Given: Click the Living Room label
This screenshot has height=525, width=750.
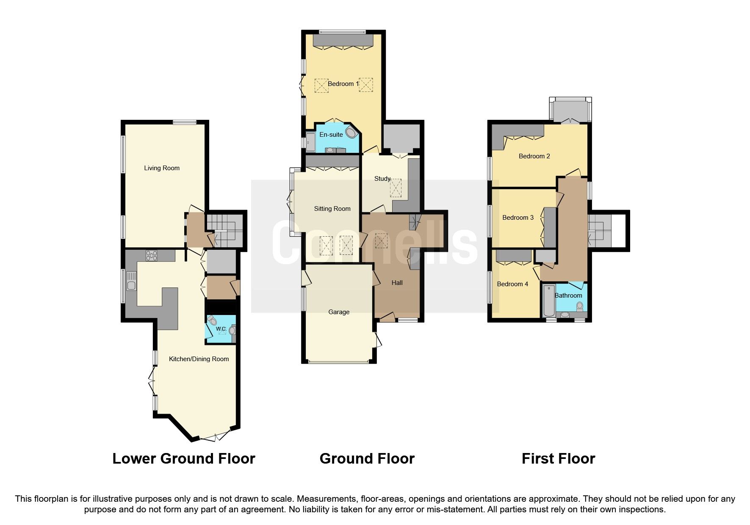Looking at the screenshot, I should (161, 168).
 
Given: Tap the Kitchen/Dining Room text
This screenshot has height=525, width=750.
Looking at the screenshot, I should (199, 359).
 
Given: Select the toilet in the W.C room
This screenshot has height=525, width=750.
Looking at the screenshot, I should (212, 321).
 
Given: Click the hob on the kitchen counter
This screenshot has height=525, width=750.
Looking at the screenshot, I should (152, 256).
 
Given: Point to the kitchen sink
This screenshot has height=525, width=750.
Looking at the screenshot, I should (131, 281).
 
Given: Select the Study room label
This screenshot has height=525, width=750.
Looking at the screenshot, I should (382, 179).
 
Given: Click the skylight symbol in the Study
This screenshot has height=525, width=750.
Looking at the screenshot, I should (396, 188).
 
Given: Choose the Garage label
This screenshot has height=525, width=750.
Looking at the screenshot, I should (339, 312).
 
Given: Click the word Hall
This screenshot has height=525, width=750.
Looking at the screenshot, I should (397, 283).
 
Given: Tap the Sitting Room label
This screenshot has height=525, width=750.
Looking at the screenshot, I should (332, 209).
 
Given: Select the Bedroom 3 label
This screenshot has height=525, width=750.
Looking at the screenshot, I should (518, 218).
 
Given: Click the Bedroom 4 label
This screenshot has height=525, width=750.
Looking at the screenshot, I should (512, 284).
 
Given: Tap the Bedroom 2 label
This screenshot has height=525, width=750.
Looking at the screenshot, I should (534, 156).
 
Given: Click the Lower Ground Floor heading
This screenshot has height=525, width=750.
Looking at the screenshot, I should (183, 459).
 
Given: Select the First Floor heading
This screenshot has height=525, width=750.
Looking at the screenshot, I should (558, 459).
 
